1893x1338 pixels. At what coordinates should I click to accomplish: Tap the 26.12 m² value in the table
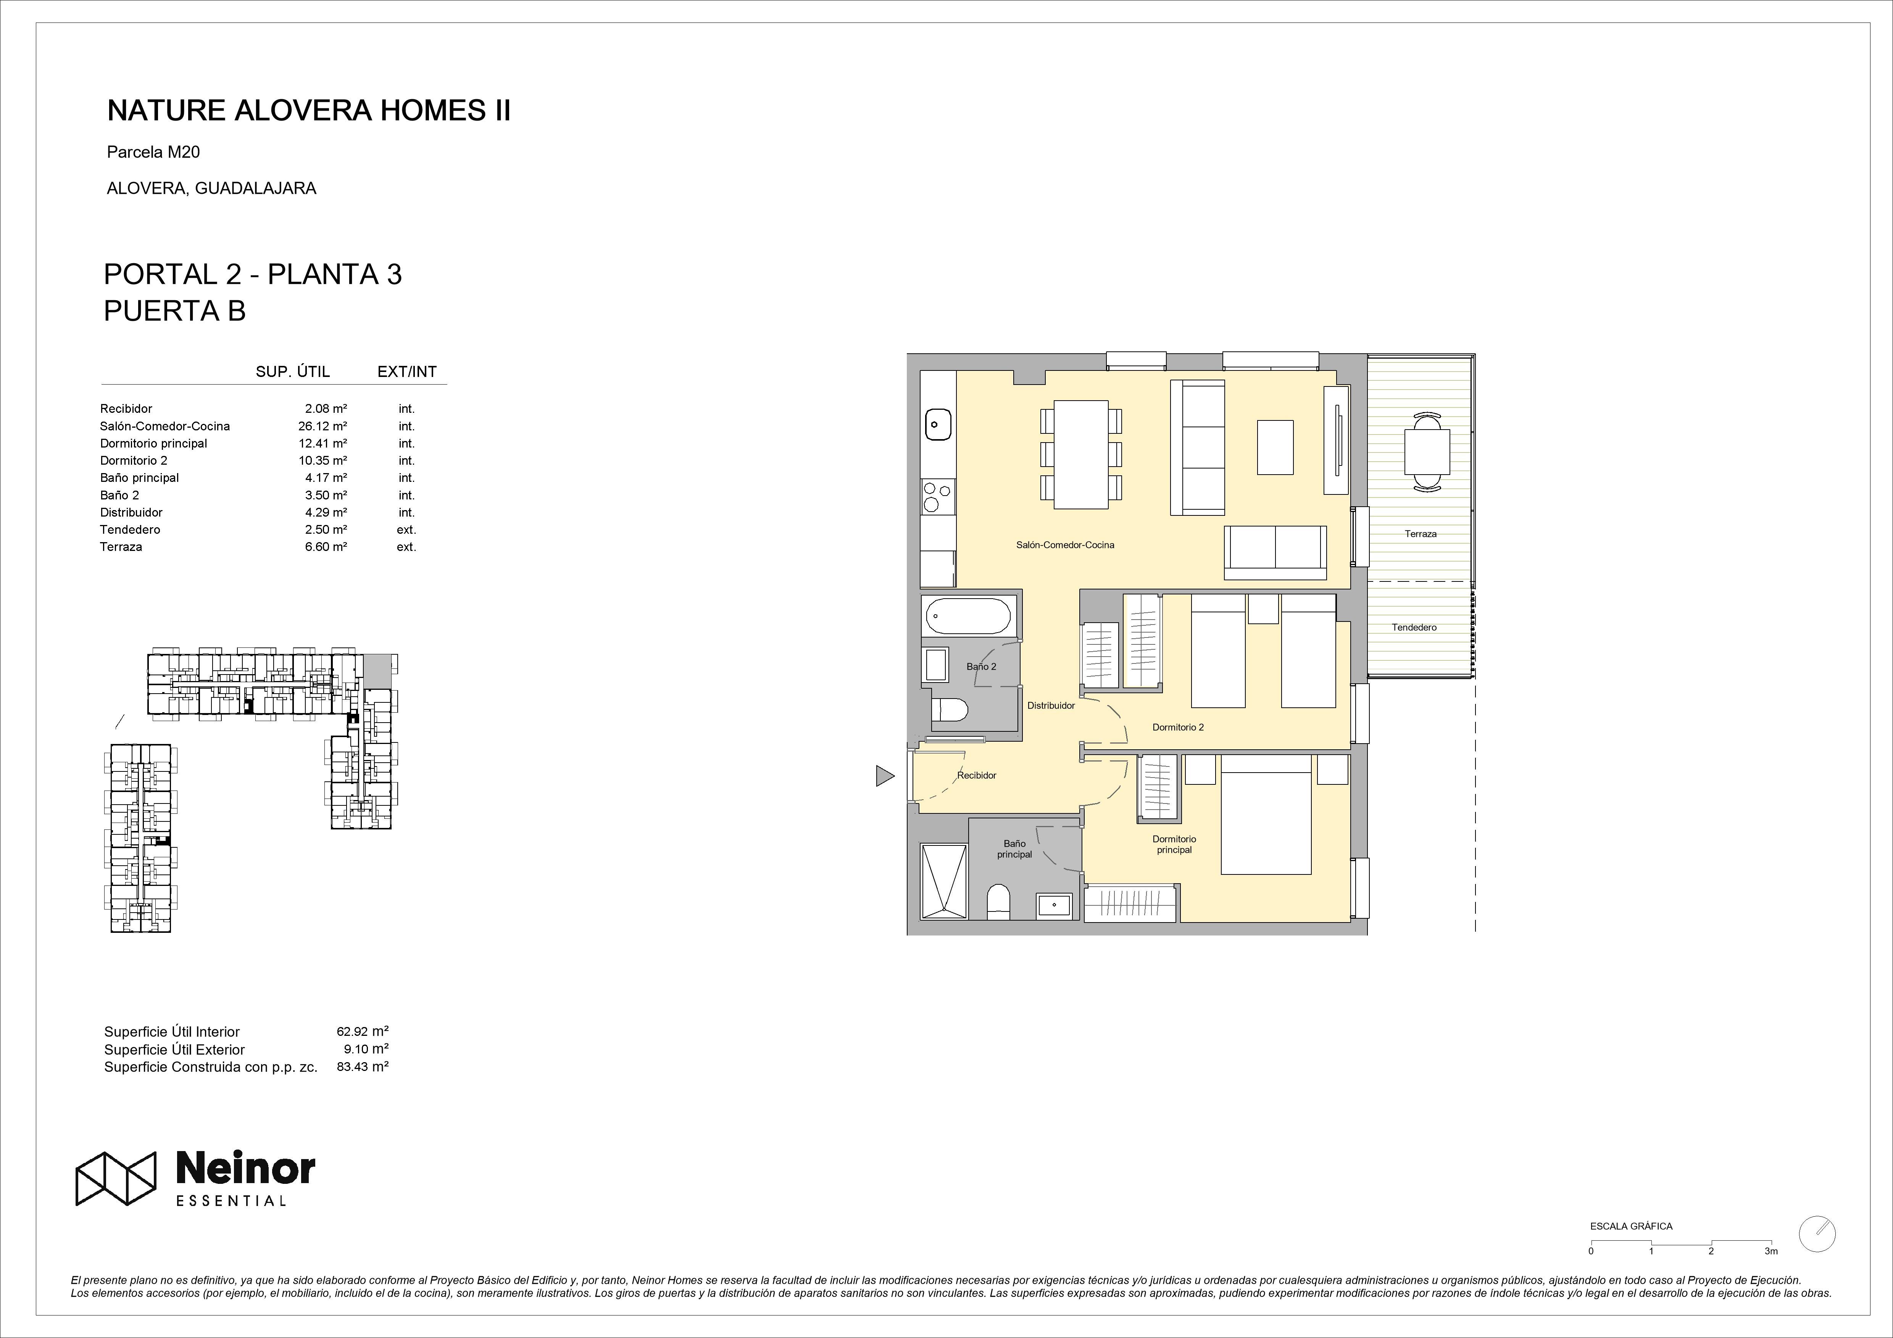coord(322,426)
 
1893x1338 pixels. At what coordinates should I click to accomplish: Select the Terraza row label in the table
coord(121,547)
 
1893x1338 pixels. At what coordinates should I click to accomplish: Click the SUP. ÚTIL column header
coord(293,372)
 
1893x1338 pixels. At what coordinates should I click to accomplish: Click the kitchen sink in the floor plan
coord(937,425)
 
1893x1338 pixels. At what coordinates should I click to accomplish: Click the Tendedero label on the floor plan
coord(1414,627)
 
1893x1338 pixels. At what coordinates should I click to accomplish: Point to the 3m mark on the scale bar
coord(1771,1251)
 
